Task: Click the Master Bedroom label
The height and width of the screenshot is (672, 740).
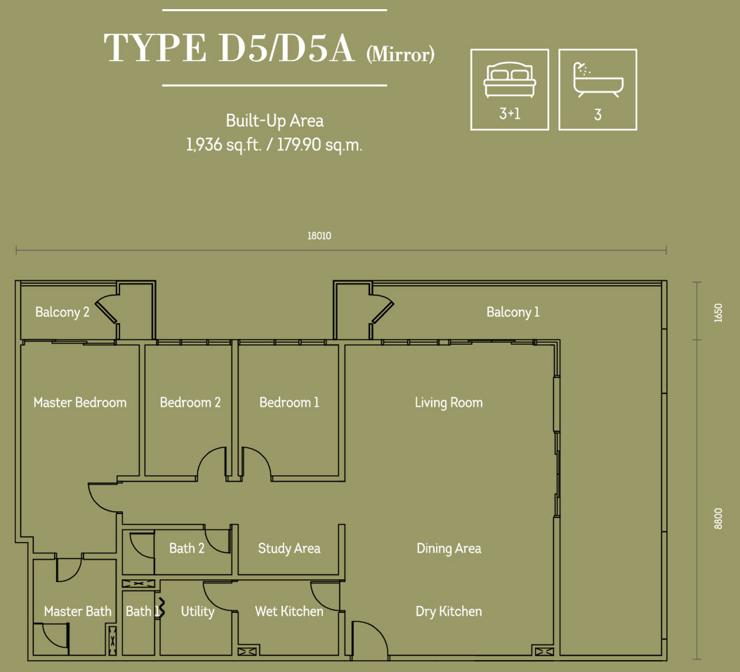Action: click(x=80, y=402)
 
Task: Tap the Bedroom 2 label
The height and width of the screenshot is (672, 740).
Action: click(x=190, y=402)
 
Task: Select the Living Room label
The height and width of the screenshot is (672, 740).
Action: click(x=449, y=402)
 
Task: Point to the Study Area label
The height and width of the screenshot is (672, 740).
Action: click(x=289, y=548)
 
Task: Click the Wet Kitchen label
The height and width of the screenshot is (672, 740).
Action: click(x=289, y=611)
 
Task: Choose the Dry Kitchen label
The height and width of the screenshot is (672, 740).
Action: click(x=449, y=611)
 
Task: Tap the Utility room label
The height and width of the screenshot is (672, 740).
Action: click(x=198, y=612)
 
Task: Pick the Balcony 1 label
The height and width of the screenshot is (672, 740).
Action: click(x=513, y=312)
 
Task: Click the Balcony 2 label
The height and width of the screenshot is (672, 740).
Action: click(x=62, y=312)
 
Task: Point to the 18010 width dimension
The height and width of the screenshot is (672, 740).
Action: click(x=319, y=235)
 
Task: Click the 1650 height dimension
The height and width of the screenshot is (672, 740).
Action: click(x=718, y=313)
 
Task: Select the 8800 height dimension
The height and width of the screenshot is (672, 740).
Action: click(x=718, y=519)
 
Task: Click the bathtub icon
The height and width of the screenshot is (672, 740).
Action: click(x=598, y=79)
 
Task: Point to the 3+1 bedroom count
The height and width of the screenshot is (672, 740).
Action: click(x=510, y=114)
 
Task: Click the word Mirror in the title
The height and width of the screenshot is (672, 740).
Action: click(x=400, y=54)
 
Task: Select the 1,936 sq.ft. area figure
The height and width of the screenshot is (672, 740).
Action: click(x=224, y=145)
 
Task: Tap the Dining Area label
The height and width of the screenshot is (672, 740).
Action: click(x=449, y=548)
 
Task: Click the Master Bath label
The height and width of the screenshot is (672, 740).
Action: click(x=78, y=611)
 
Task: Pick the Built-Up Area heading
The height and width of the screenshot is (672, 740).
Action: click(x=275, y=121)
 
